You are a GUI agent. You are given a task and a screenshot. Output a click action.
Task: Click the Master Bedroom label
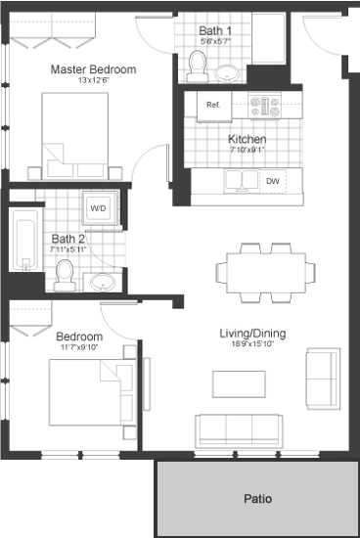[93, 69]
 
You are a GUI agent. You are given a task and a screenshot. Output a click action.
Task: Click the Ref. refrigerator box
[213, 105]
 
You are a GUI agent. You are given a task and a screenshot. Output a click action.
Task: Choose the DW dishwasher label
[273, 181]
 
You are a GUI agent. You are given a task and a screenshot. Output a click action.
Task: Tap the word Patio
[256, 497]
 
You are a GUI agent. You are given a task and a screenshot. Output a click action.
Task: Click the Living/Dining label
[251, 334]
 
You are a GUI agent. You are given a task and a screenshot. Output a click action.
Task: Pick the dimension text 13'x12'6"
[93, 81]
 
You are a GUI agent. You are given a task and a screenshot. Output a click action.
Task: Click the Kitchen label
[247, 139]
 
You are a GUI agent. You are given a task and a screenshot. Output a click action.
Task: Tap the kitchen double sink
[241, 180]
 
